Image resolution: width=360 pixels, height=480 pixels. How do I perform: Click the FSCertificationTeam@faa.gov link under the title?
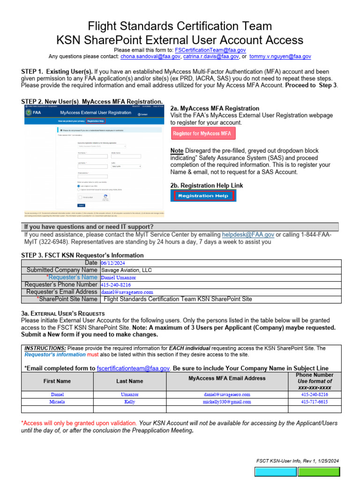[210, 50]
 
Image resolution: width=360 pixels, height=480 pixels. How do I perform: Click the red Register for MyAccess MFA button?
[203, 134]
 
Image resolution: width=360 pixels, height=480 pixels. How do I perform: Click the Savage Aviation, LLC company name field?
[126, 270]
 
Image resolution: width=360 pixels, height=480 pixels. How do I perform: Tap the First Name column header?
[57, 381]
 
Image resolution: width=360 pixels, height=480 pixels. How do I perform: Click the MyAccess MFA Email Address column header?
[227, 378]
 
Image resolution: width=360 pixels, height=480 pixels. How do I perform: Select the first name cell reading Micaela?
[57, 402]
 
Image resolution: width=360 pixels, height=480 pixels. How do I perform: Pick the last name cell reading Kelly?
[129, 402]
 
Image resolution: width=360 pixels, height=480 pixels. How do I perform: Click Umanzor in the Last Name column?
[129, 395]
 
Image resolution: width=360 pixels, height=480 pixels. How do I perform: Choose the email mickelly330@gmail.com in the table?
[227, 402]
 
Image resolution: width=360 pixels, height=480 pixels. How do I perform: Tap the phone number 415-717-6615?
[315, 402]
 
